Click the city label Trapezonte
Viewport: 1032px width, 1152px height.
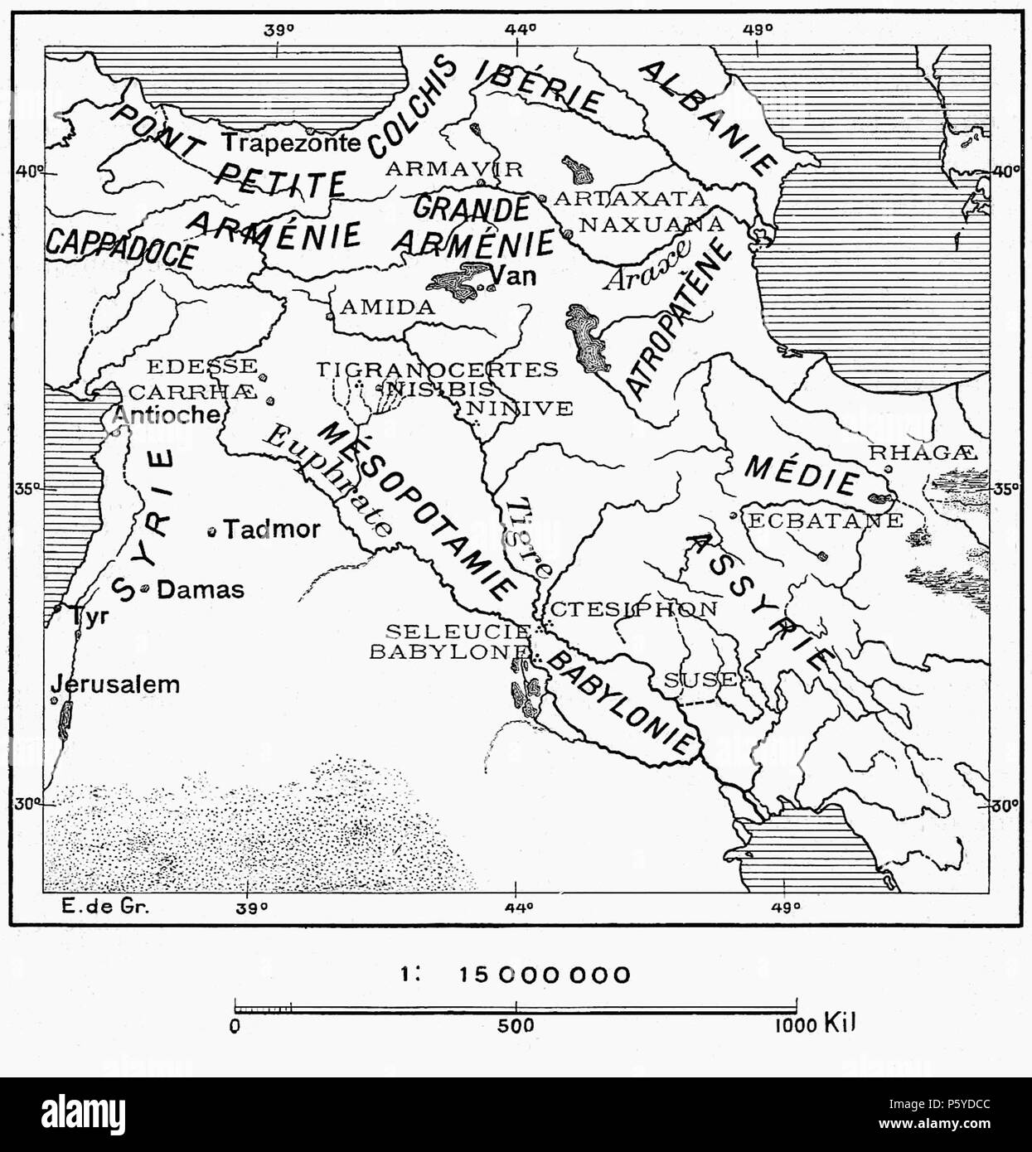pyautogui.click(x=291, y=143)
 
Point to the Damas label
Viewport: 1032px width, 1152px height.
pyautogui.click(x=201, y=589)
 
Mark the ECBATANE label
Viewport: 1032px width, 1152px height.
pyautogui.click(x=826, y=520)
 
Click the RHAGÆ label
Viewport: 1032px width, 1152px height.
pyautogui.click(x=923, y=453)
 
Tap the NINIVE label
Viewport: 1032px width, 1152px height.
pyautogui.click(x=519, y=408)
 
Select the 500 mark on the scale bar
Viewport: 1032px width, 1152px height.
pyautogui.click(x=516, y=1025)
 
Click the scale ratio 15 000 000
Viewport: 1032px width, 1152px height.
pyautogui.click(x=545, y=975)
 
